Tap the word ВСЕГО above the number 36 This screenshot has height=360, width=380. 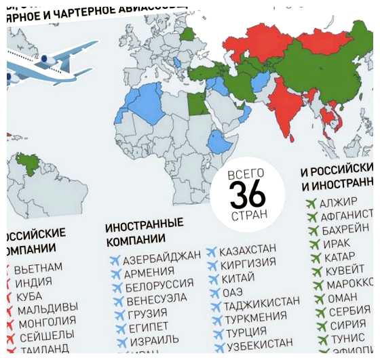coord(246,174)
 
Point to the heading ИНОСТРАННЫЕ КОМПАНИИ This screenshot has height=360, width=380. coord(144,232)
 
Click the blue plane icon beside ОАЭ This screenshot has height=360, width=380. coord(212,293)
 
